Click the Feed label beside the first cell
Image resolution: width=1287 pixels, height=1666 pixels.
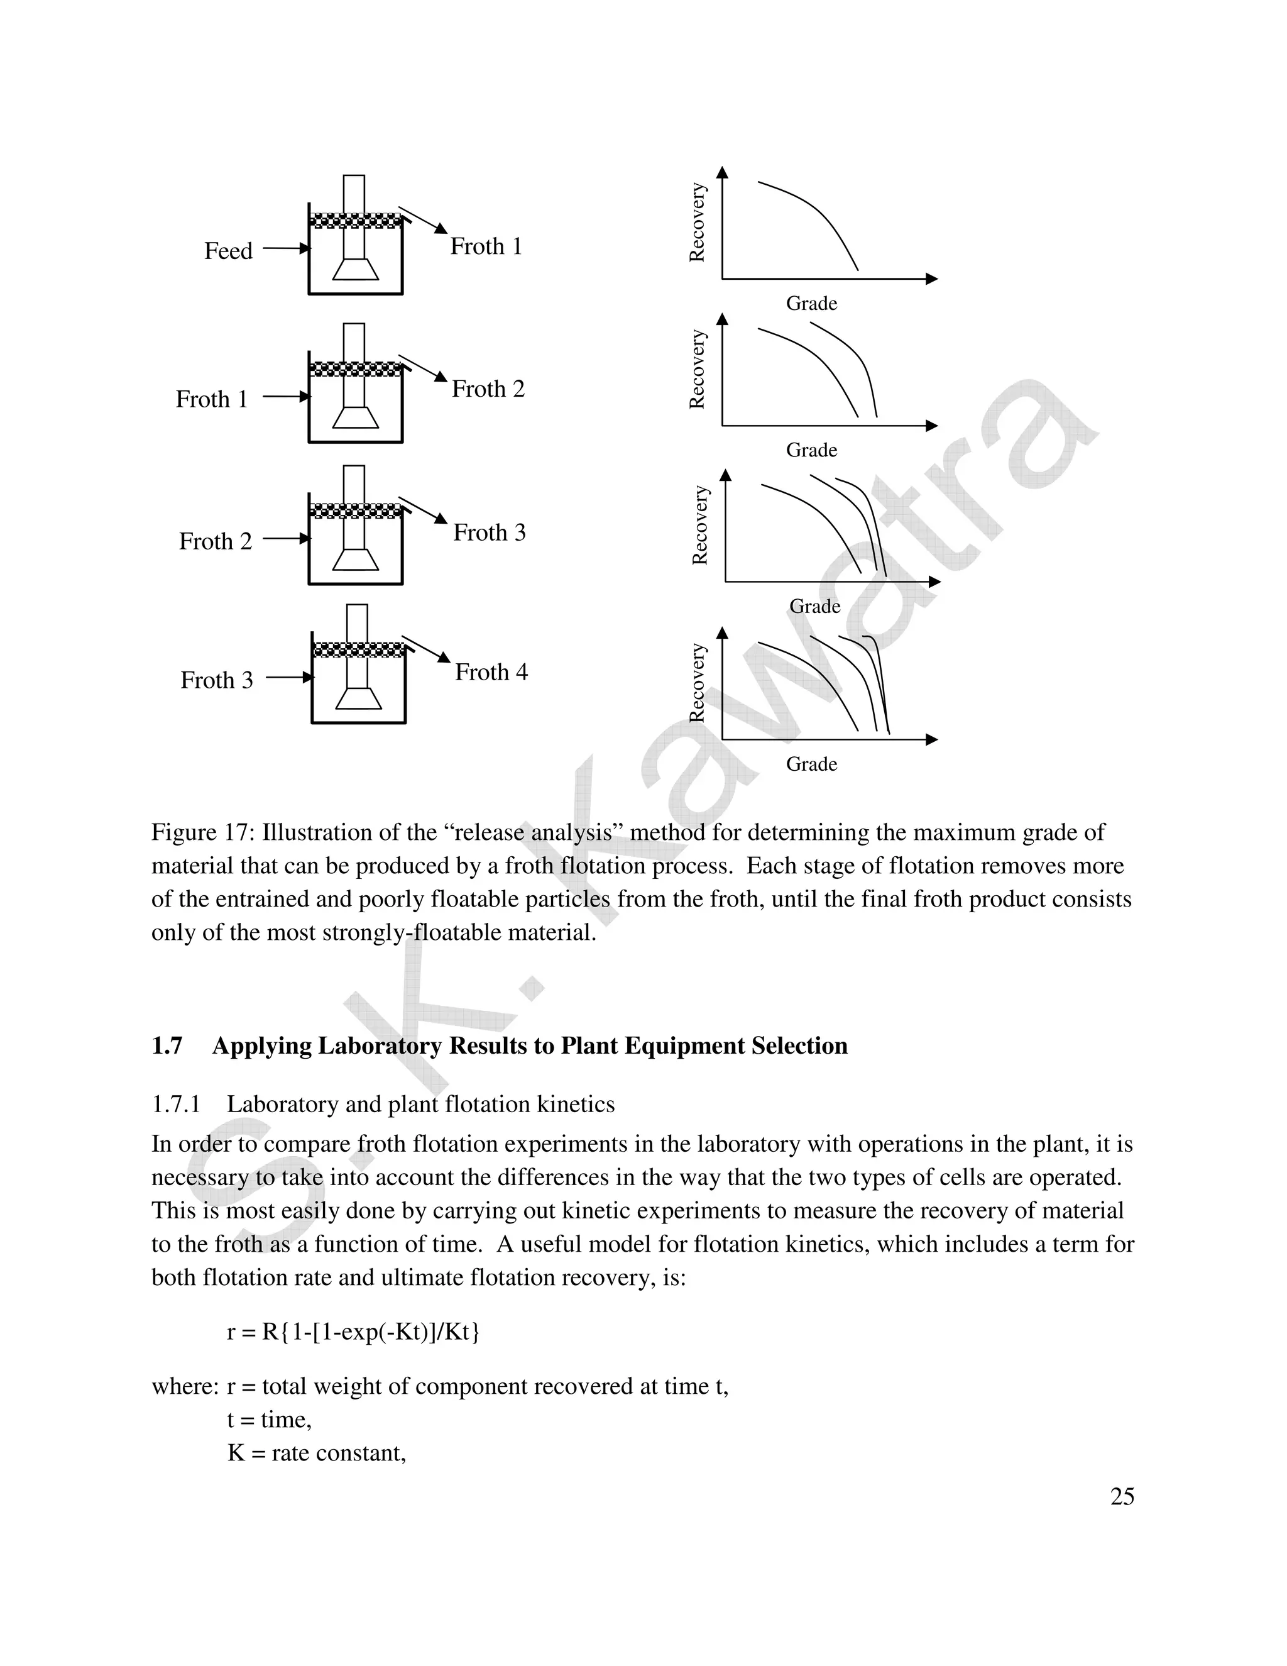228,251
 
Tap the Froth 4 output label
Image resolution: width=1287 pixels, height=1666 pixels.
491,672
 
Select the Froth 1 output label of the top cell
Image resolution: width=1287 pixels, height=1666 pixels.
486,246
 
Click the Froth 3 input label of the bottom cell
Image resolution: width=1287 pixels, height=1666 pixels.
217,680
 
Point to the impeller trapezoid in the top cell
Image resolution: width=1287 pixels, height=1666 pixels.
355,269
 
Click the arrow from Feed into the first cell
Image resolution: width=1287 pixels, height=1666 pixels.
287,248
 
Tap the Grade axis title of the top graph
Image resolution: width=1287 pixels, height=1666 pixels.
811,304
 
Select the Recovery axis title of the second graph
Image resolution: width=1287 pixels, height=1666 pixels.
697,369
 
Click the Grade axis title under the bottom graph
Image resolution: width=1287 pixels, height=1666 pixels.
811,764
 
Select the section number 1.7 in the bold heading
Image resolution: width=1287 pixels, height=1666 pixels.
167,1046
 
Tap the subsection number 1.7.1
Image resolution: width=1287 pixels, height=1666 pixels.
175,1105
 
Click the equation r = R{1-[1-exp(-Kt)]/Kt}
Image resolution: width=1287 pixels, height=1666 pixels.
354,1332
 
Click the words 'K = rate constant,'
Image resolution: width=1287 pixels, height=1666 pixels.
317,1452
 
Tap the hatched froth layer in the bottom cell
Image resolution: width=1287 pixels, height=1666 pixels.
359,650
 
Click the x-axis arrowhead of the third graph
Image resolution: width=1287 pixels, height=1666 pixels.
934,582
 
